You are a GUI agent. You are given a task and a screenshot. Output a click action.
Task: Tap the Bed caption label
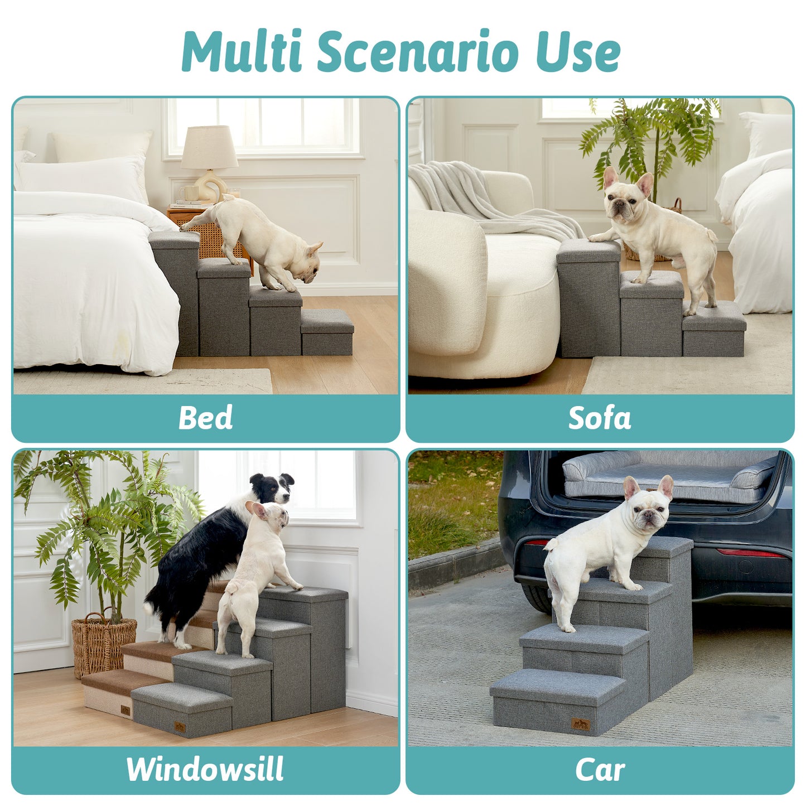tap(205, 418)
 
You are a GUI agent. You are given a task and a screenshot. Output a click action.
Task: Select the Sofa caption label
tap(600, 418)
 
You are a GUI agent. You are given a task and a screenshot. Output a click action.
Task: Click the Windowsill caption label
tap(205, 770)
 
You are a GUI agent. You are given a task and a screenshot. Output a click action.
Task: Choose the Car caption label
tap(600, 770)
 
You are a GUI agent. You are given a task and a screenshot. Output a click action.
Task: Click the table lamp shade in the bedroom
tap(209, 147)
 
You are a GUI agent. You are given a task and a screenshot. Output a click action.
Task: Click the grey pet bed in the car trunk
tap(669, 477)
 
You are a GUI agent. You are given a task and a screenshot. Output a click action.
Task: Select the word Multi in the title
tap(242, 51)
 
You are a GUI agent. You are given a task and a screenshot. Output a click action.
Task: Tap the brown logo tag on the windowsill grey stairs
tap(180, 727)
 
